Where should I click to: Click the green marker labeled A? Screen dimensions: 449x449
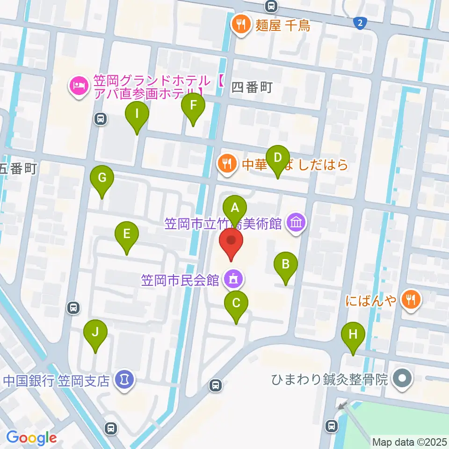(235, 208)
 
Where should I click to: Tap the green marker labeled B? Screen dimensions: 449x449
(286, 265)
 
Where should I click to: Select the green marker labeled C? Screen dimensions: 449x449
(236, 304)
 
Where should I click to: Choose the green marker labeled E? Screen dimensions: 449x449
(127, 234)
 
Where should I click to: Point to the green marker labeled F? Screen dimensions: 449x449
(193, 106)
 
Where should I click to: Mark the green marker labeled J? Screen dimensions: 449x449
(95, 333)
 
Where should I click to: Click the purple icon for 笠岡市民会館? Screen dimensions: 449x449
(232, 280)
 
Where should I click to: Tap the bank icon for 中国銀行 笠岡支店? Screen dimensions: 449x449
(124, 378)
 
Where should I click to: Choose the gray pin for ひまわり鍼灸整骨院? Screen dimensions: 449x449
(402, 377)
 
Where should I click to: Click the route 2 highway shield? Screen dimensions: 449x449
(359, 23)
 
